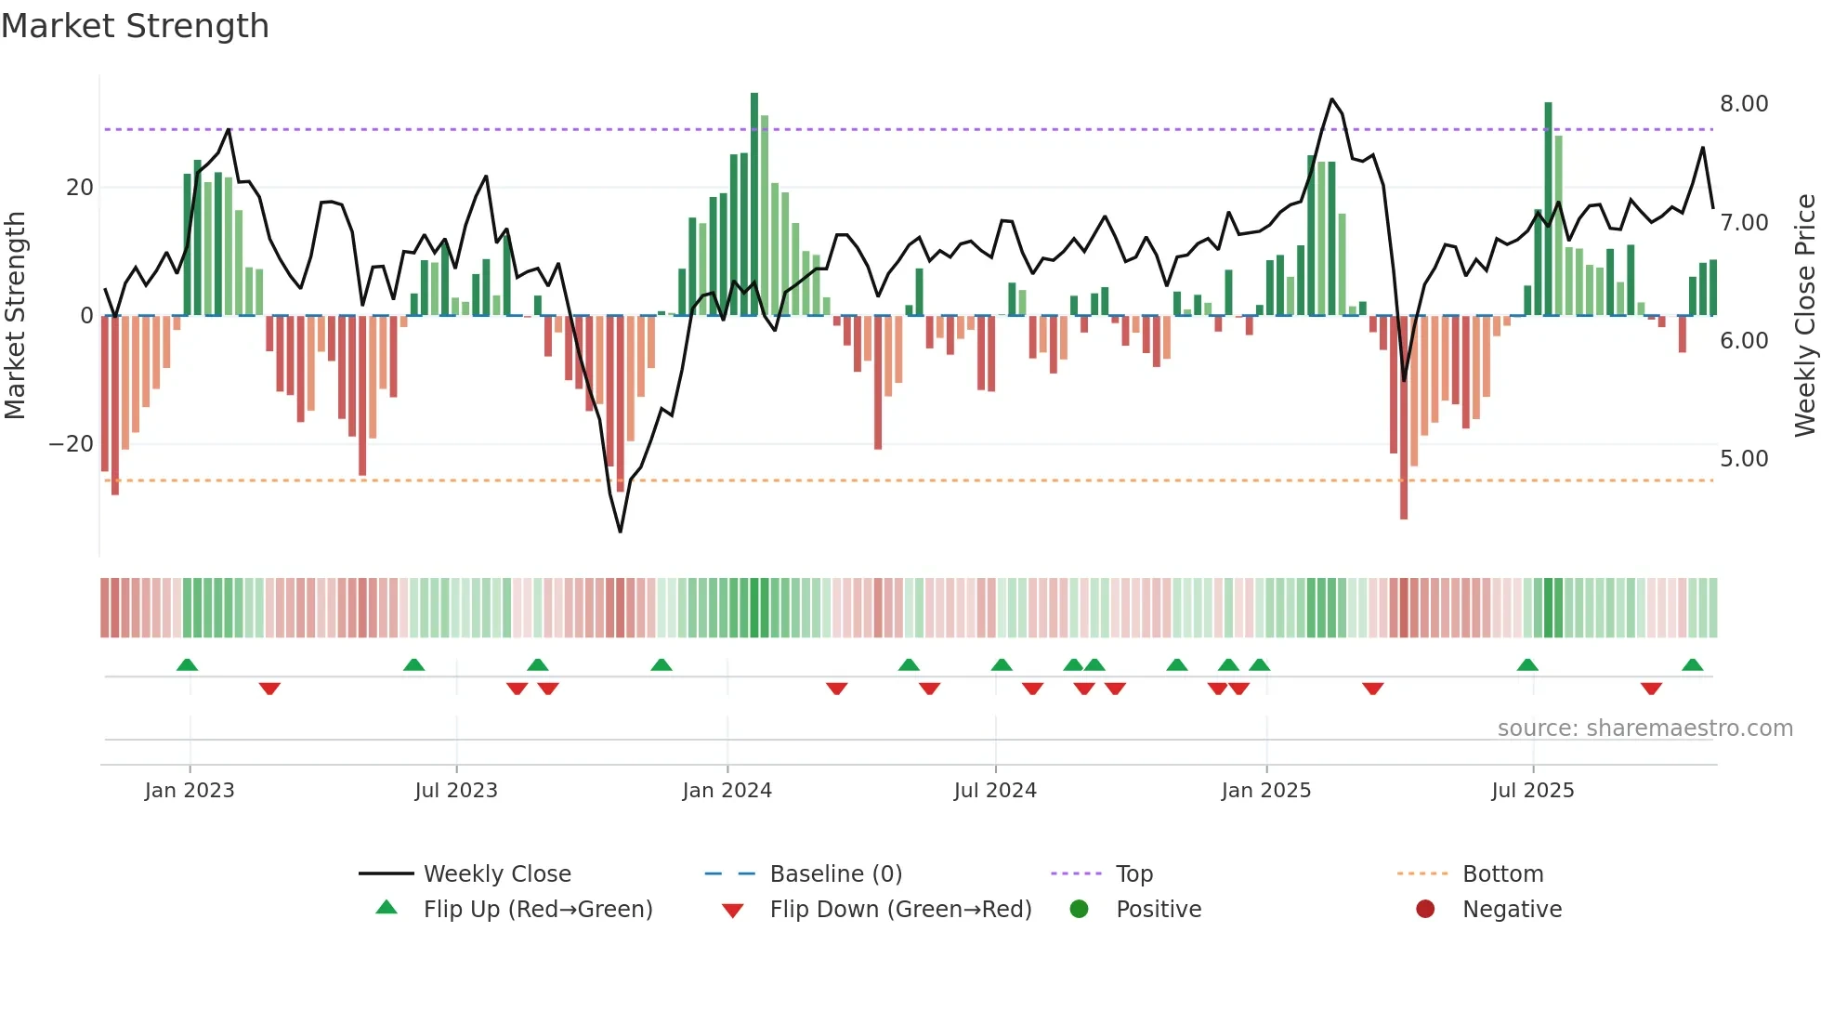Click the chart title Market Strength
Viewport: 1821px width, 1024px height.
pyautogui.click(x=135, y=26)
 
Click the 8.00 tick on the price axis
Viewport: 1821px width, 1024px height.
pyautogui.click(x=1743, y=104)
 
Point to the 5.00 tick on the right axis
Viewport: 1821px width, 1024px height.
pyautogui.click(x=1743, y=459)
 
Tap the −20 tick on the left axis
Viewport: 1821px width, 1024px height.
pyautogui.click(x=72, y=444)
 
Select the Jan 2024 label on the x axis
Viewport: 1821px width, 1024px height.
pyautogui.click(x=727, y=791)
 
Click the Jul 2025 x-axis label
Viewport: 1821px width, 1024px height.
pyautogui.click(x=1532, y=791)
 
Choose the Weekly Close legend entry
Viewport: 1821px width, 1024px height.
pyautogui.click(x=496, y=874)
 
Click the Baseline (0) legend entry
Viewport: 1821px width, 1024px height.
pyautogui.click(x=835, y=874)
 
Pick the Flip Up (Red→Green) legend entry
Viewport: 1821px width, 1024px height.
pyautogui.click(x=537, y=910)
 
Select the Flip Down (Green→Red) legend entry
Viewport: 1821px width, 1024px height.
pyautogui.click(x=899, y=910)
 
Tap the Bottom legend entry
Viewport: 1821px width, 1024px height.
pyautogui.click(x=1501, y=874)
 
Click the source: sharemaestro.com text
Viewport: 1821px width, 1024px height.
pyautogui.click(x=1644, y=729)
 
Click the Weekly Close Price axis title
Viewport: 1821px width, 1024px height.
pyautogui.click(x=1804, y=316)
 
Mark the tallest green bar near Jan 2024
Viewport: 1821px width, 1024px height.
pyautogui.click(x=754, y=204)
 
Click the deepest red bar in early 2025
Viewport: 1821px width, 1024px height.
pyautogui.click(x=1404, y=418)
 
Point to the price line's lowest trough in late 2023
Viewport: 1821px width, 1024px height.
pyautogui.click(x=621, y=532)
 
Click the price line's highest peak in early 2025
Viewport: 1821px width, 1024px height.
pyautogui.click(x=1331, y=99)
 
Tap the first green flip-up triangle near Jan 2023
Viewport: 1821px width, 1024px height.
pyautogui.click(x=187, y=665)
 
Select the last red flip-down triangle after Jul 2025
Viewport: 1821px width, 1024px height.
pyautogui.click(x=1651, y=689)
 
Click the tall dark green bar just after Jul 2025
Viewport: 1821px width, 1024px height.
pyautogui.click(x=1548, y=209)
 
